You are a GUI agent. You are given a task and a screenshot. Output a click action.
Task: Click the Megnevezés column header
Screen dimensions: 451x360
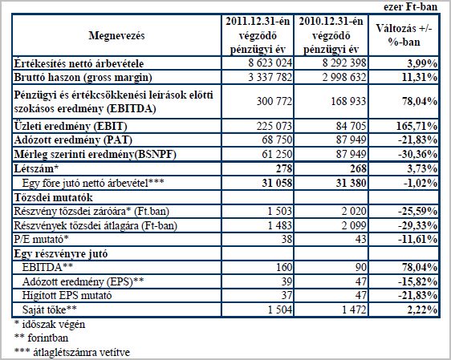point(116,35)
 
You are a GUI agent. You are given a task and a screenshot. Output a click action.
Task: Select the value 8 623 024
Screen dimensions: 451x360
point(270,63)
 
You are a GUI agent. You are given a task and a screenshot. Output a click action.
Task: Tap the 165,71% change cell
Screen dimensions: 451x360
point(417,126)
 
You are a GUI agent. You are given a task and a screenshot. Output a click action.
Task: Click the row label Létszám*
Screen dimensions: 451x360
point(34,168)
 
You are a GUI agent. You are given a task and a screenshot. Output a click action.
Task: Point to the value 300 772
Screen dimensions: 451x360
point(274,101)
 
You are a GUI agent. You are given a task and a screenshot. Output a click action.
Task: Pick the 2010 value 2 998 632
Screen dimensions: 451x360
point(344,77)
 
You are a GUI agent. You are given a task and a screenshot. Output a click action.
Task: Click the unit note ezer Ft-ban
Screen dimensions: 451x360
point(410,7)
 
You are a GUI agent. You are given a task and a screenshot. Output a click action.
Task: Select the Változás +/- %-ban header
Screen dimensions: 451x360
point(404,35)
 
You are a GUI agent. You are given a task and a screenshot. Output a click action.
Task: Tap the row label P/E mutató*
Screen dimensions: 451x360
point(42,239)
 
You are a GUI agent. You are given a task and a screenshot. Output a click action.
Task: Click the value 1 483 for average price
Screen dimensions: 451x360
point(279,225)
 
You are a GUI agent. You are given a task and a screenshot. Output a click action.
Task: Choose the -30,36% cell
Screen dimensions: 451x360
point(418,155)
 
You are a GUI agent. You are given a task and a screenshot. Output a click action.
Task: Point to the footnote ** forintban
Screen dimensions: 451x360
point(41,338)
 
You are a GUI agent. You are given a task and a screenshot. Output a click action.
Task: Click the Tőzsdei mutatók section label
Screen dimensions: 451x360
point(53,197)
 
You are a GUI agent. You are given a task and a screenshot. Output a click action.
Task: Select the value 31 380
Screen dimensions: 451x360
point(351,183)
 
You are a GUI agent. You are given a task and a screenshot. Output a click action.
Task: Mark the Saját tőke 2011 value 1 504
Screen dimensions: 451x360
point(279,309)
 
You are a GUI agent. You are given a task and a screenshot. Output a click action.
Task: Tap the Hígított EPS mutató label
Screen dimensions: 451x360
point(67,295)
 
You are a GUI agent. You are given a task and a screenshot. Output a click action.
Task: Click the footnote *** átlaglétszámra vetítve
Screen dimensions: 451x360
point(72,352)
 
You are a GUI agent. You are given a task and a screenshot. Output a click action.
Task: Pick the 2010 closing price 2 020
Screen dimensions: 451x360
point(354,211)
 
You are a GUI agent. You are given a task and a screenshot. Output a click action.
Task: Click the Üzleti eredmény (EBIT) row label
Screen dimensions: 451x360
point(71,126)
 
